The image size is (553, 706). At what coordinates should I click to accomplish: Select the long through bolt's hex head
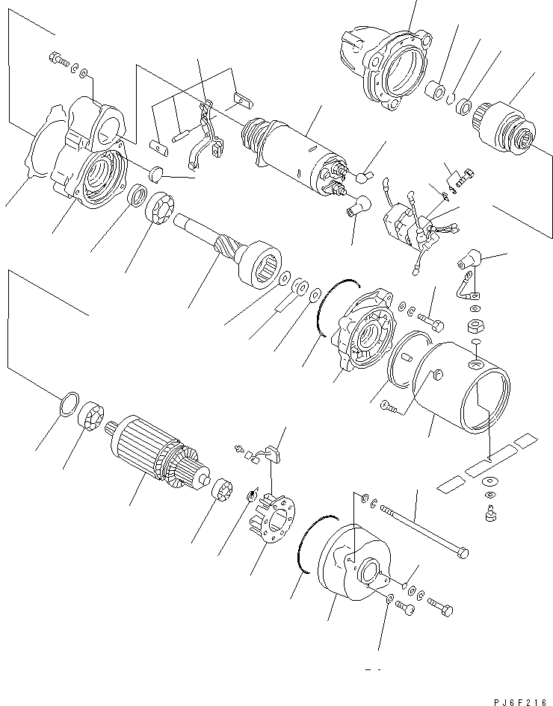[463, 553]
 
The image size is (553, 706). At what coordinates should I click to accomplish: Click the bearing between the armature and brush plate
[221, 493]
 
